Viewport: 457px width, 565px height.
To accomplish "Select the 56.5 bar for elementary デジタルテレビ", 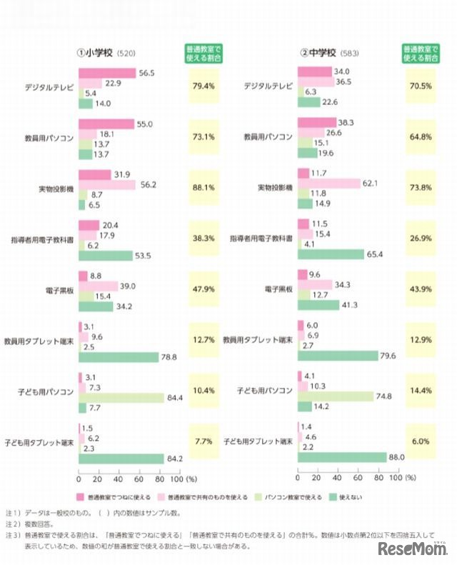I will pyautogui.click(x=106, y=73).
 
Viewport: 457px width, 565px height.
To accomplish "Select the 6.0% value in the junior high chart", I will pyautogui.click(x=421, y=442).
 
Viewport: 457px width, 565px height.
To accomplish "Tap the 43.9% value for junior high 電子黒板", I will pyautogui.click(x=421, y=291).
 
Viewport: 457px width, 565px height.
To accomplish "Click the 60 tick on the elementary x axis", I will pyautogui.click(x=139, y=478).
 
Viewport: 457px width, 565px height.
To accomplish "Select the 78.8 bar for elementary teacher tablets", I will pyautogui.click(x=118, y=357).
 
